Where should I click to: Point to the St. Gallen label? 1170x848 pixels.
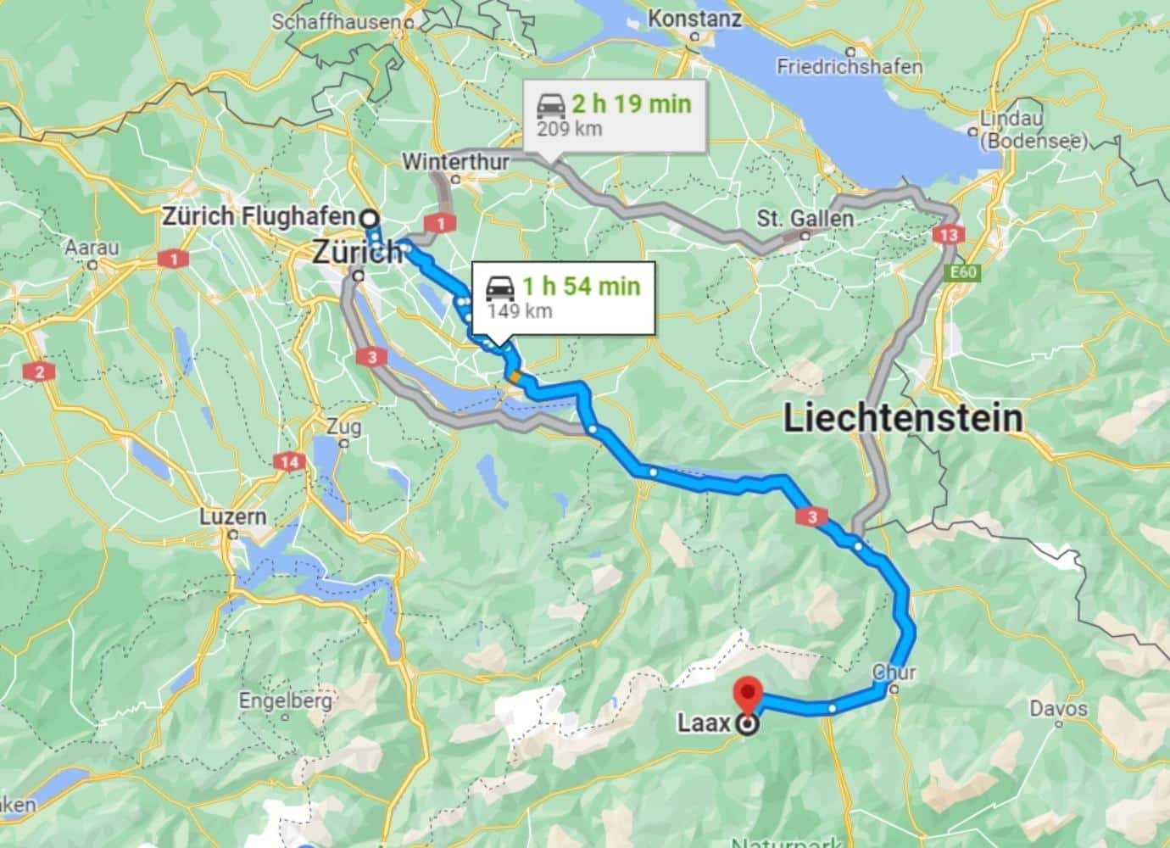click(805, 219)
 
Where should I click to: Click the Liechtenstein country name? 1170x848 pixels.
click(902, 418)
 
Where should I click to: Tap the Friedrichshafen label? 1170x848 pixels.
click(850, 66)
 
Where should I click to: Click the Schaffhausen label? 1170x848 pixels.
click(334, 22)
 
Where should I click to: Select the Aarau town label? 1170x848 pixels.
click(92, 248)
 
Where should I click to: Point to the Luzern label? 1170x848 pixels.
click(233, 516)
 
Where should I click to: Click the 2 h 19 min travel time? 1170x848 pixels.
click(631, 104)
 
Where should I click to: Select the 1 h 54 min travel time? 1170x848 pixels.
click(581, 286)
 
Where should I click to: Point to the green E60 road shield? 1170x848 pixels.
click(957, 273)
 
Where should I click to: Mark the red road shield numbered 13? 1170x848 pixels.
click(947, 234)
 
